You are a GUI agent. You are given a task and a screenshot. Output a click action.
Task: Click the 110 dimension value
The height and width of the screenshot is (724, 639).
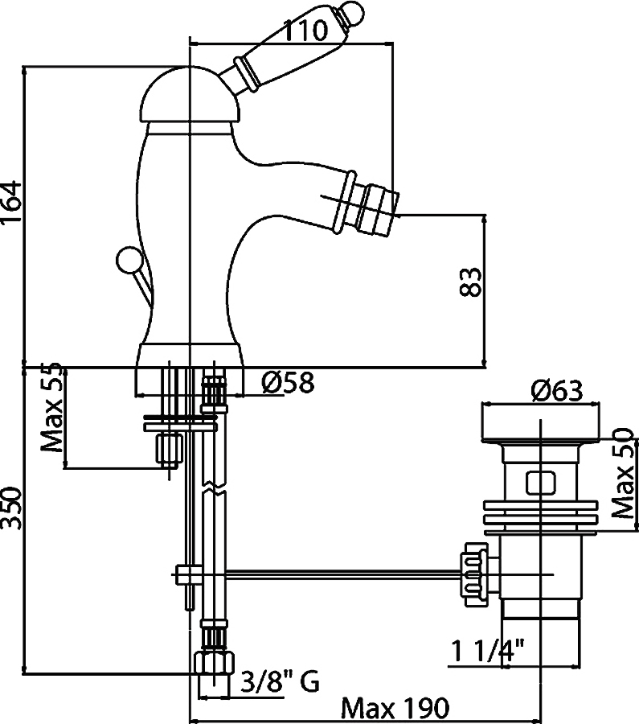305,31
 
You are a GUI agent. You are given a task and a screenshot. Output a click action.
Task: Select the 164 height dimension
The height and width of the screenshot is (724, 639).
10,202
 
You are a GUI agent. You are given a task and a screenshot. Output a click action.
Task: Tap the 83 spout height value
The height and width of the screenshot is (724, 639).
470,282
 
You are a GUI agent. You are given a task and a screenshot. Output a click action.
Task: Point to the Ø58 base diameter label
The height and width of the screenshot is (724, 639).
288,382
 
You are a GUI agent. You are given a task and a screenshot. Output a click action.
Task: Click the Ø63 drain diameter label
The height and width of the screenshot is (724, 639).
557,391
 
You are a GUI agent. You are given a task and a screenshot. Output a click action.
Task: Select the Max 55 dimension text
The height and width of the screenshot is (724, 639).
51,407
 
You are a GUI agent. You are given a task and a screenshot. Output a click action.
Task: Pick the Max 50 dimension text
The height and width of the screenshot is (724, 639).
625,473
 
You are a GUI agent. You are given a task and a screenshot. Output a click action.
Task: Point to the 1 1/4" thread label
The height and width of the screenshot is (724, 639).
487,651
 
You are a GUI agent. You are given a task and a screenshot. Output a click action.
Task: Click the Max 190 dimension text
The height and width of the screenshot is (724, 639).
395,708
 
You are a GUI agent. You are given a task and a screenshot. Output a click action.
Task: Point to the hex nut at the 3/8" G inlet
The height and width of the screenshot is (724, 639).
214,664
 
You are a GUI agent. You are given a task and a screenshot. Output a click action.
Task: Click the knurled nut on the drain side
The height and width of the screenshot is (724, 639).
473,574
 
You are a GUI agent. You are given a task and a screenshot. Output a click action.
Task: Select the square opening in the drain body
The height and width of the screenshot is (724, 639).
540,483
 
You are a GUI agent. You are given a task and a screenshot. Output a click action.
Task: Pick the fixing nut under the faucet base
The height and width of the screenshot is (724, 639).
169,448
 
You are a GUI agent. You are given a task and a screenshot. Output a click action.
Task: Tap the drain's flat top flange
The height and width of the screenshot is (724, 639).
541,422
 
